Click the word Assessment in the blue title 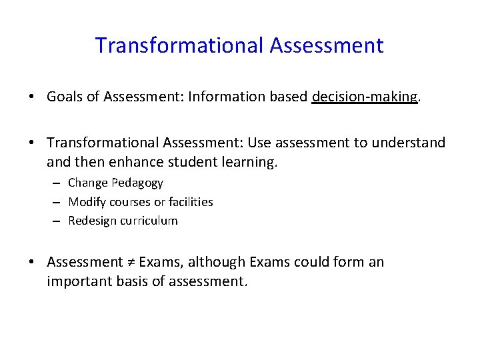(327, 46)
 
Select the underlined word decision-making (365, 97)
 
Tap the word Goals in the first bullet (63, 97)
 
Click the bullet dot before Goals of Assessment (33, 97)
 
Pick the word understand (413, 143)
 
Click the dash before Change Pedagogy (56, 183)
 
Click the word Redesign (92, 221)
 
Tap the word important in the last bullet (75, 281)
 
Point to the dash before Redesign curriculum (56, 221)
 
